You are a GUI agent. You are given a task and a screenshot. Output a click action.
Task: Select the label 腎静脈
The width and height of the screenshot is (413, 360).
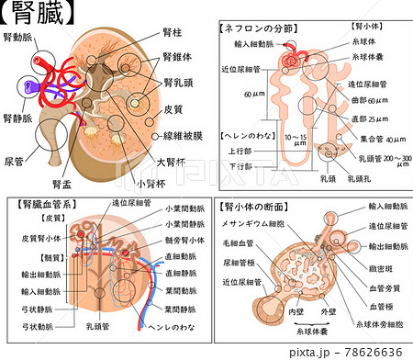coord(17,118)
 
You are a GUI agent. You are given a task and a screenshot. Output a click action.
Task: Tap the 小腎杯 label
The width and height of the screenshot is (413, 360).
coord(149,182)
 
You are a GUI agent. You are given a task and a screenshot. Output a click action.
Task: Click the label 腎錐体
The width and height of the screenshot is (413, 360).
coord(176,55)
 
